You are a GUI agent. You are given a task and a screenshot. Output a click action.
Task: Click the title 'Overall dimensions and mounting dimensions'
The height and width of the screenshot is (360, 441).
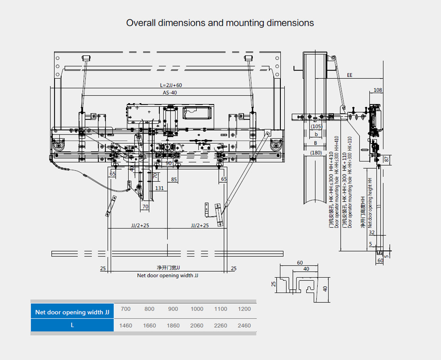[220, 23]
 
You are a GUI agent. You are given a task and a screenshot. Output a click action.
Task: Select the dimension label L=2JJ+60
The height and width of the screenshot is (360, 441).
[171, 85]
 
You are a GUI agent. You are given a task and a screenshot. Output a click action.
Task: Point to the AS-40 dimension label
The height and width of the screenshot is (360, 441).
[170, 93]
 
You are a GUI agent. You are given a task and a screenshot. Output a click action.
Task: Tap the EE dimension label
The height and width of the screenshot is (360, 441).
[350, 76]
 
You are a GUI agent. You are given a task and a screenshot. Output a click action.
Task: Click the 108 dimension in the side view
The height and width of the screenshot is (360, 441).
[378, 90]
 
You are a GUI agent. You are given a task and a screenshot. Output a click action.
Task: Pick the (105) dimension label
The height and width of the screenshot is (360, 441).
[316, 126]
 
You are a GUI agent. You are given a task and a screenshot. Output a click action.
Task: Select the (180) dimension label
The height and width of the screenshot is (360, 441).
[316, 153]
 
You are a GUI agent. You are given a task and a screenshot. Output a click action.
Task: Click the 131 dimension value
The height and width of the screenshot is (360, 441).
[159, 188]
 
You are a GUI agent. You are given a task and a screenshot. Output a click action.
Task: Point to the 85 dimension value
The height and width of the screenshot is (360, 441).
[174, 180]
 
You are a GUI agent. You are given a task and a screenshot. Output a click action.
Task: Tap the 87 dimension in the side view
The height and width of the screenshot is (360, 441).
[386, 159]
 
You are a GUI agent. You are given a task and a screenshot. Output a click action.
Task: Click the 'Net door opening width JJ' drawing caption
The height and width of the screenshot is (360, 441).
[167, 275]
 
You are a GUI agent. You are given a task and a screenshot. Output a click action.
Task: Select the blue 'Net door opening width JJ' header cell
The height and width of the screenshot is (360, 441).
[72, 312]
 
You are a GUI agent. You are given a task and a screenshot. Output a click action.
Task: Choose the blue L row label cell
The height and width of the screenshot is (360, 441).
[72, 325]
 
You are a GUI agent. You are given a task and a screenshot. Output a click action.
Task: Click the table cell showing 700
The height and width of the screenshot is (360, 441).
[126, 309]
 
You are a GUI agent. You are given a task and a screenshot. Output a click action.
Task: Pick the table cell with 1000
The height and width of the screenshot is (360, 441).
[197, 309]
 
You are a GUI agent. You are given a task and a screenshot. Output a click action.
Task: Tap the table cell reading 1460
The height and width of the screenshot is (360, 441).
[126, 325]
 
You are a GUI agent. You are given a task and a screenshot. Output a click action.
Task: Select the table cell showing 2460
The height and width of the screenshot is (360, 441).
[244, 325]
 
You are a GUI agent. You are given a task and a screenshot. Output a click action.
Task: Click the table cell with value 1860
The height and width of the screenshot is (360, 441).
[173, 325]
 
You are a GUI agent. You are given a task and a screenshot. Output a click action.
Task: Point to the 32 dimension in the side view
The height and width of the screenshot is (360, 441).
[372, 233]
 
